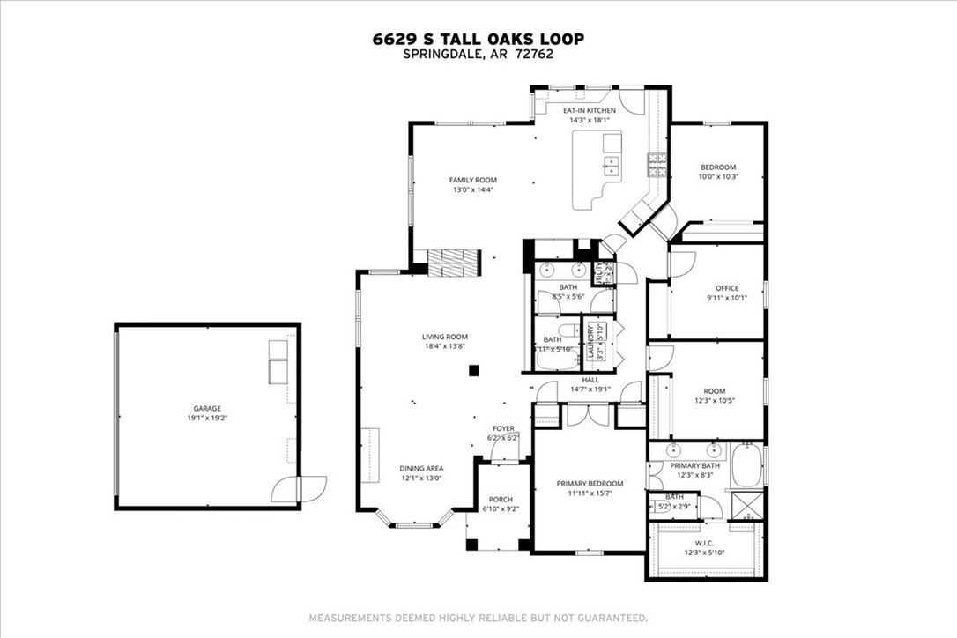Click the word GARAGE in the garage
(x=208, y=408)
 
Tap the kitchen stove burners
(x=657, y=160)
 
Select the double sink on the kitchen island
(x=611, y=164)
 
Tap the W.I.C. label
(x=702, y=543)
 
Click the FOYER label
(x=503, y=427)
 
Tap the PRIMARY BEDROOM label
(x=590, y=483)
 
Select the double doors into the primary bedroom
(x=582, y=414)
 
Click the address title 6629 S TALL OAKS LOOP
(x=478, y=39)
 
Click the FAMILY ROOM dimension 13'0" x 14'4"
(x=473, y=189)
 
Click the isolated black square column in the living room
(x=473, y=371)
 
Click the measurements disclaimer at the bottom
(x=478, y=618)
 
